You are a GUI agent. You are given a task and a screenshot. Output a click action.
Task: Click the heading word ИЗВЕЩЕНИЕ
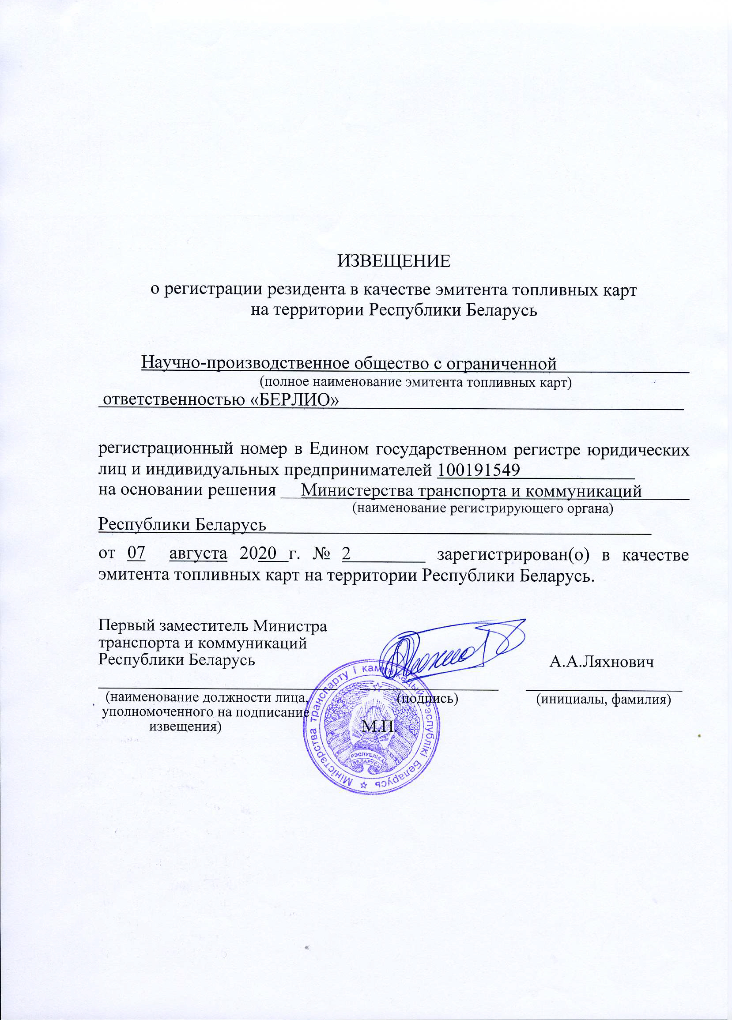[394, 261]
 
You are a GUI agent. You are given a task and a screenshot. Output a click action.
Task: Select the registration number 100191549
[479, 470]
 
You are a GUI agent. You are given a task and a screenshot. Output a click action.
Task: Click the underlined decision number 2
[346, 553]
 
